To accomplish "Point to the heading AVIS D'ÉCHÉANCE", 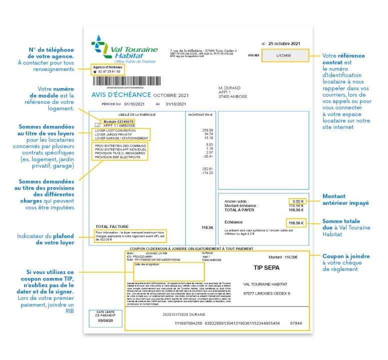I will click(121, 95).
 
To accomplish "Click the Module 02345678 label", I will click(117, 121).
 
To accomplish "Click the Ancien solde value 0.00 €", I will click(298, 201).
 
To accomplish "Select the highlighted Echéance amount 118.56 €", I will click(296, 222).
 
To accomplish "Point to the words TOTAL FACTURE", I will click(109, 226).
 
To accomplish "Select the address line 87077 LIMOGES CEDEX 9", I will click(266, 293).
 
